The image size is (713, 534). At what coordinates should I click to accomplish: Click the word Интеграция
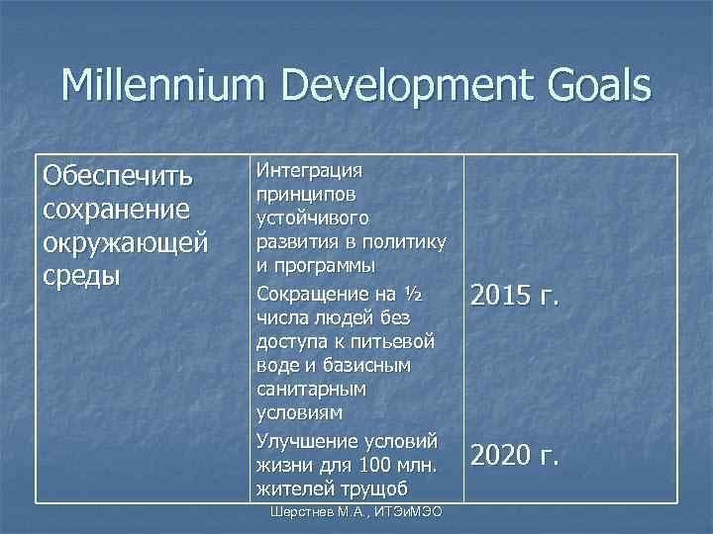308,170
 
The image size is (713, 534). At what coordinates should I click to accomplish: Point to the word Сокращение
309,293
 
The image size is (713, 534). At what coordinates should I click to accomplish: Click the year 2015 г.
515,295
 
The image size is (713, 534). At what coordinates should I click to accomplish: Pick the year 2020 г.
515,455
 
